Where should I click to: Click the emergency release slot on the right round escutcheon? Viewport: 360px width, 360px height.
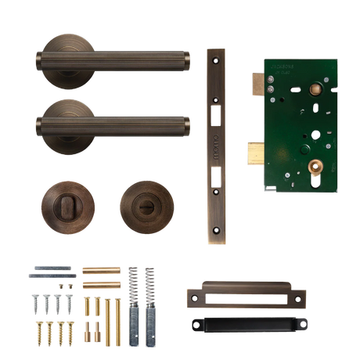[x=146, y=207]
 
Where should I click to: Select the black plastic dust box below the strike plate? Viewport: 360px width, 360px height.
[x=248, y=323]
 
